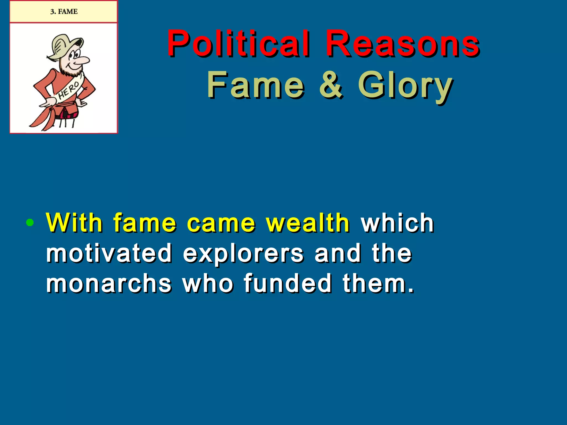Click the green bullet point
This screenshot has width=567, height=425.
point(30,222)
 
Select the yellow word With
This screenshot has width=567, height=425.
point(74,222)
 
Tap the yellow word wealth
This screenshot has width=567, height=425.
point(308,222)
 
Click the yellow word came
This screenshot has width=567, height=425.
point(221,223)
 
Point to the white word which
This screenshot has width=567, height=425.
point(398,222)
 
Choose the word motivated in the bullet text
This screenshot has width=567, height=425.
point(109,253)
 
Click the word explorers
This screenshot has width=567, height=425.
point(243,253)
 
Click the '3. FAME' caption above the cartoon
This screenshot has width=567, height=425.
point(64,12)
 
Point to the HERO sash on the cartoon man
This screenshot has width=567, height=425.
point(68,90)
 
